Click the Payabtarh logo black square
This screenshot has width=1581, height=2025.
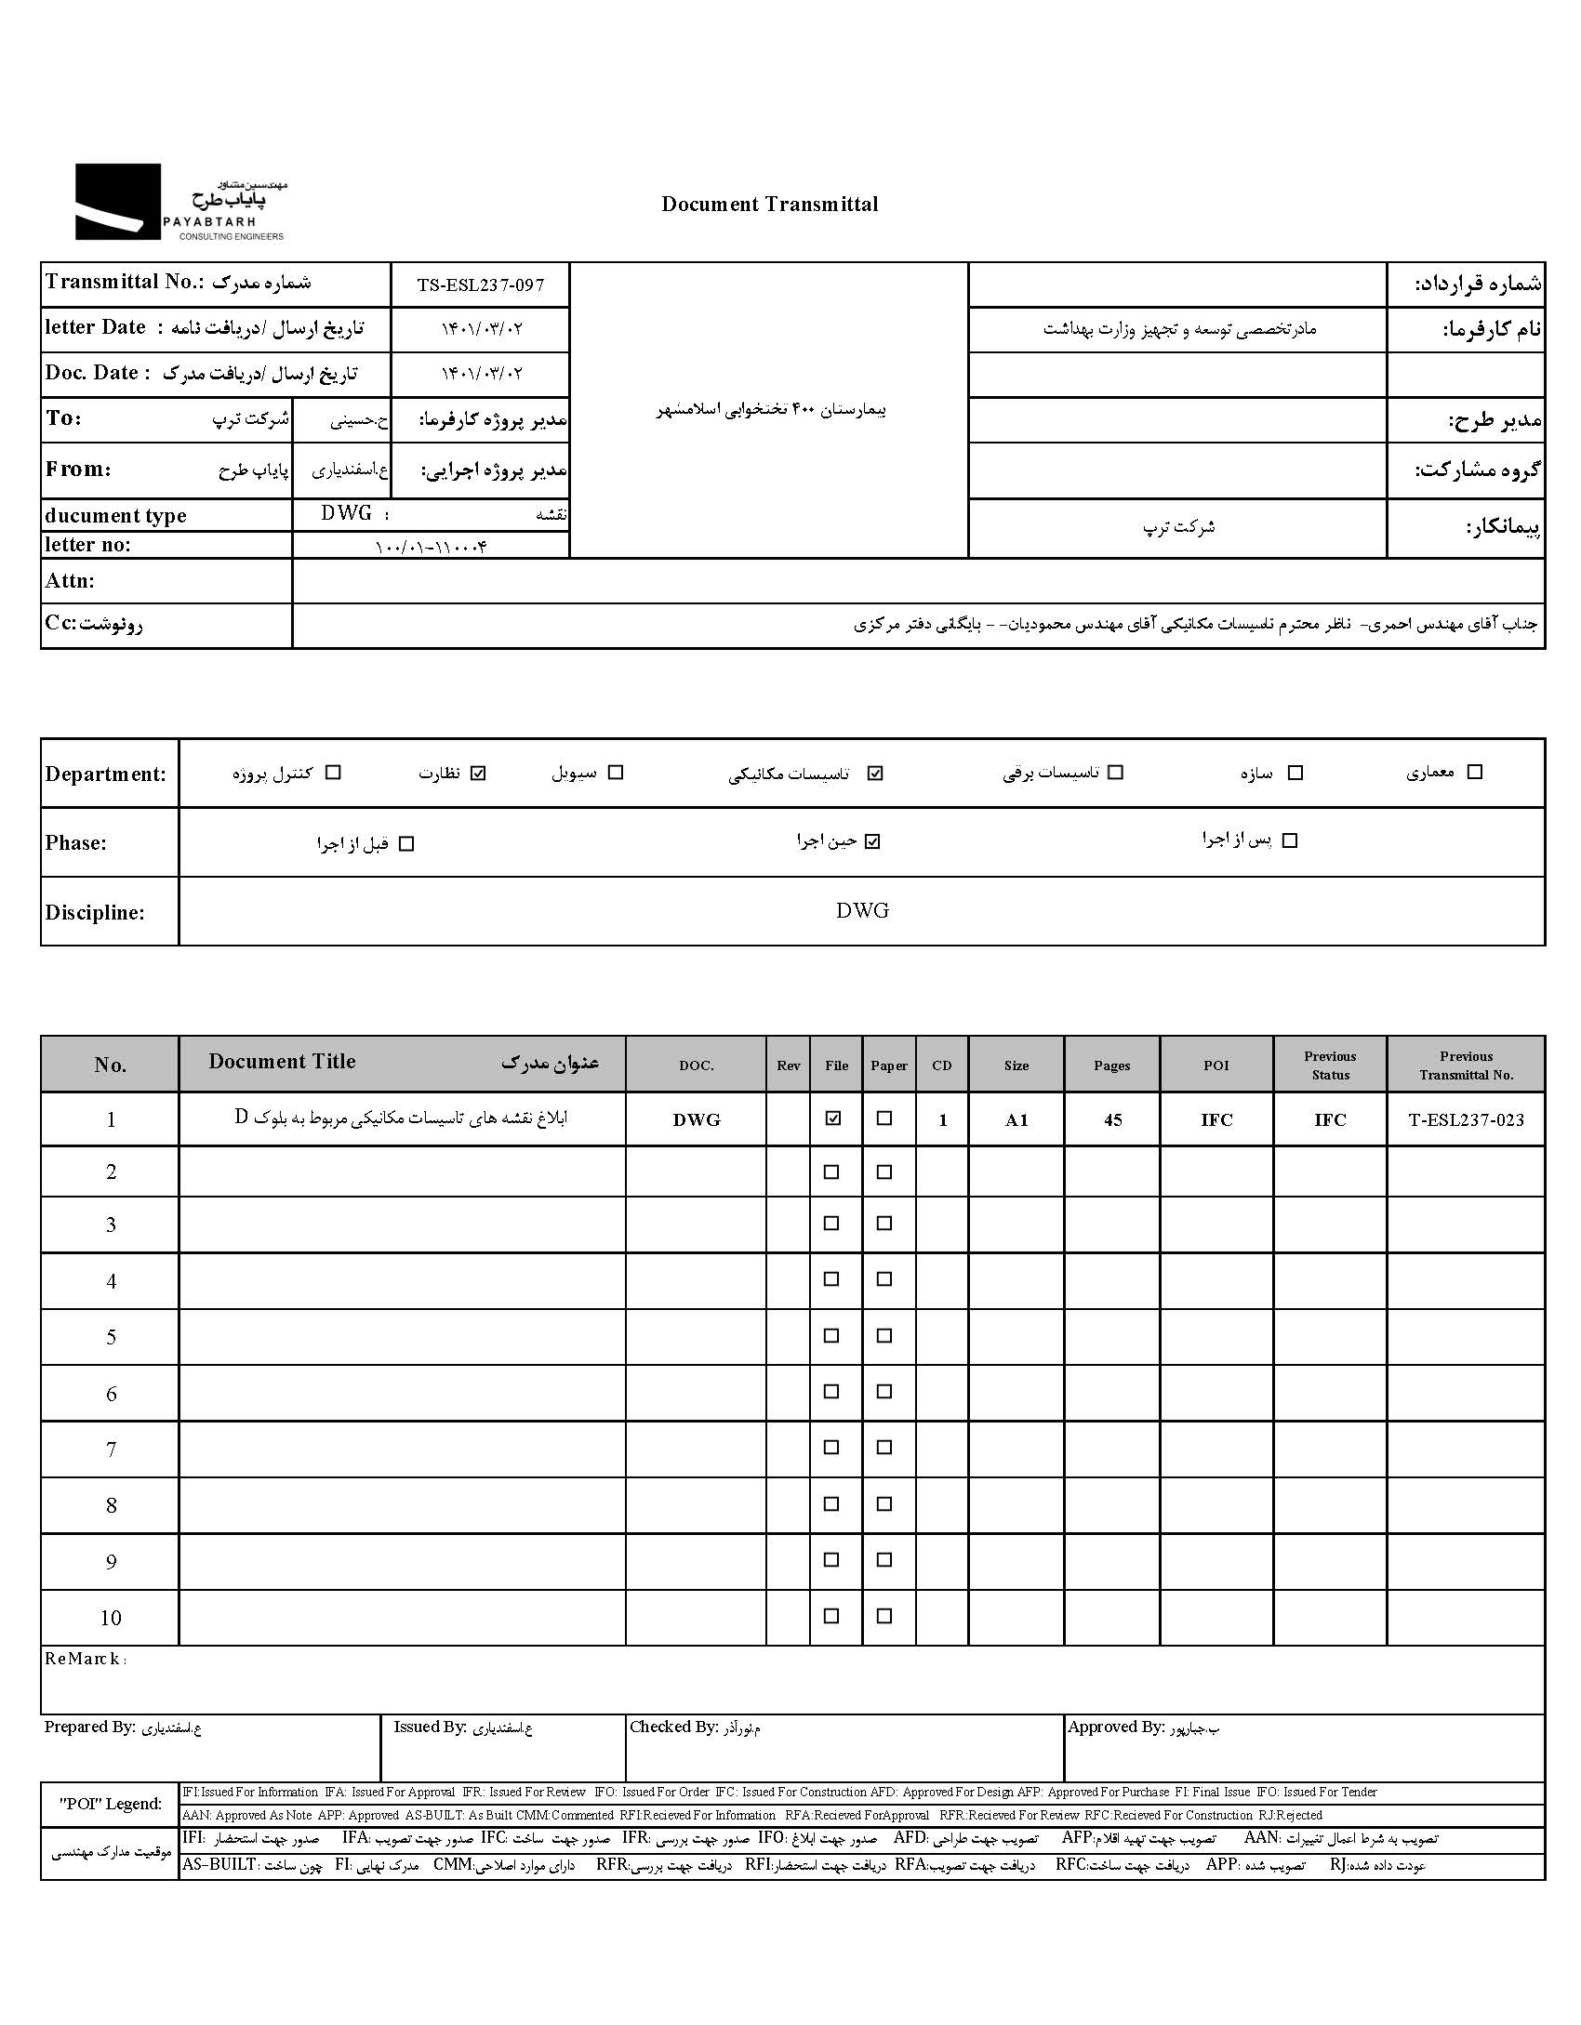pos(118,202)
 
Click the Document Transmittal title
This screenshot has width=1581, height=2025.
pos(769,205)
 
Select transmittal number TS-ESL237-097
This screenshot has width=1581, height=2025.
pos(480,285)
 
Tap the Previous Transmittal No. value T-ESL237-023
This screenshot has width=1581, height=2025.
pos(1467,1119)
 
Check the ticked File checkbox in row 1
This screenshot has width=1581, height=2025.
pos(832,1118)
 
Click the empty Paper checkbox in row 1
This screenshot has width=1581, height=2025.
pos(884,1118)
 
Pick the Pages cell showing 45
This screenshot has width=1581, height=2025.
pos(1112,1119)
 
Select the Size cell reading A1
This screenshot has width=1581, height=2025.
pos(1016,1119)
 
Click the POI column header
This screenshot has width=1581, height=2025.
pos(1216,1065)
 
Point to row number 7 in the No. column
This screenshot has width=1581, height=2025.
pos(111,1449)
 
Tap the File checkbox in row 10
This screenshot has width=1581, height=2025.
pos(831,1616)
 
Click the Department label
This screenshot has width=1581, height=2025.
pos(105,774)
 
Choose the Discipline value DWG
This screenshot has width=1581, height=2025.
pos(862,911)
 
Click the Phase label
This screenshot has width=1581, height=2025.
pos(76,843)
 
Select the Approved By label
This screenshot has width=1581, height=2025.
pos(1115,1727)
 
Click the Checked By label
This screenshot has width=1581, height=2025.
pos(673,1727)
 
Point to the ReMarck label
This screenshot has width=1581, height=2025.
pos(85,1659)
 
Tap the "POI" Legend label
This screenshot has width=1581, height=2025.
pos(111,1804)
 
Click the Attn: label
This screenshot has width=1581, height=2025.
pos(70,581)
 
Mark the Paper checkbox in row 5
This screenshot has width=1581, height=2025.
pos(884,1335)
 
